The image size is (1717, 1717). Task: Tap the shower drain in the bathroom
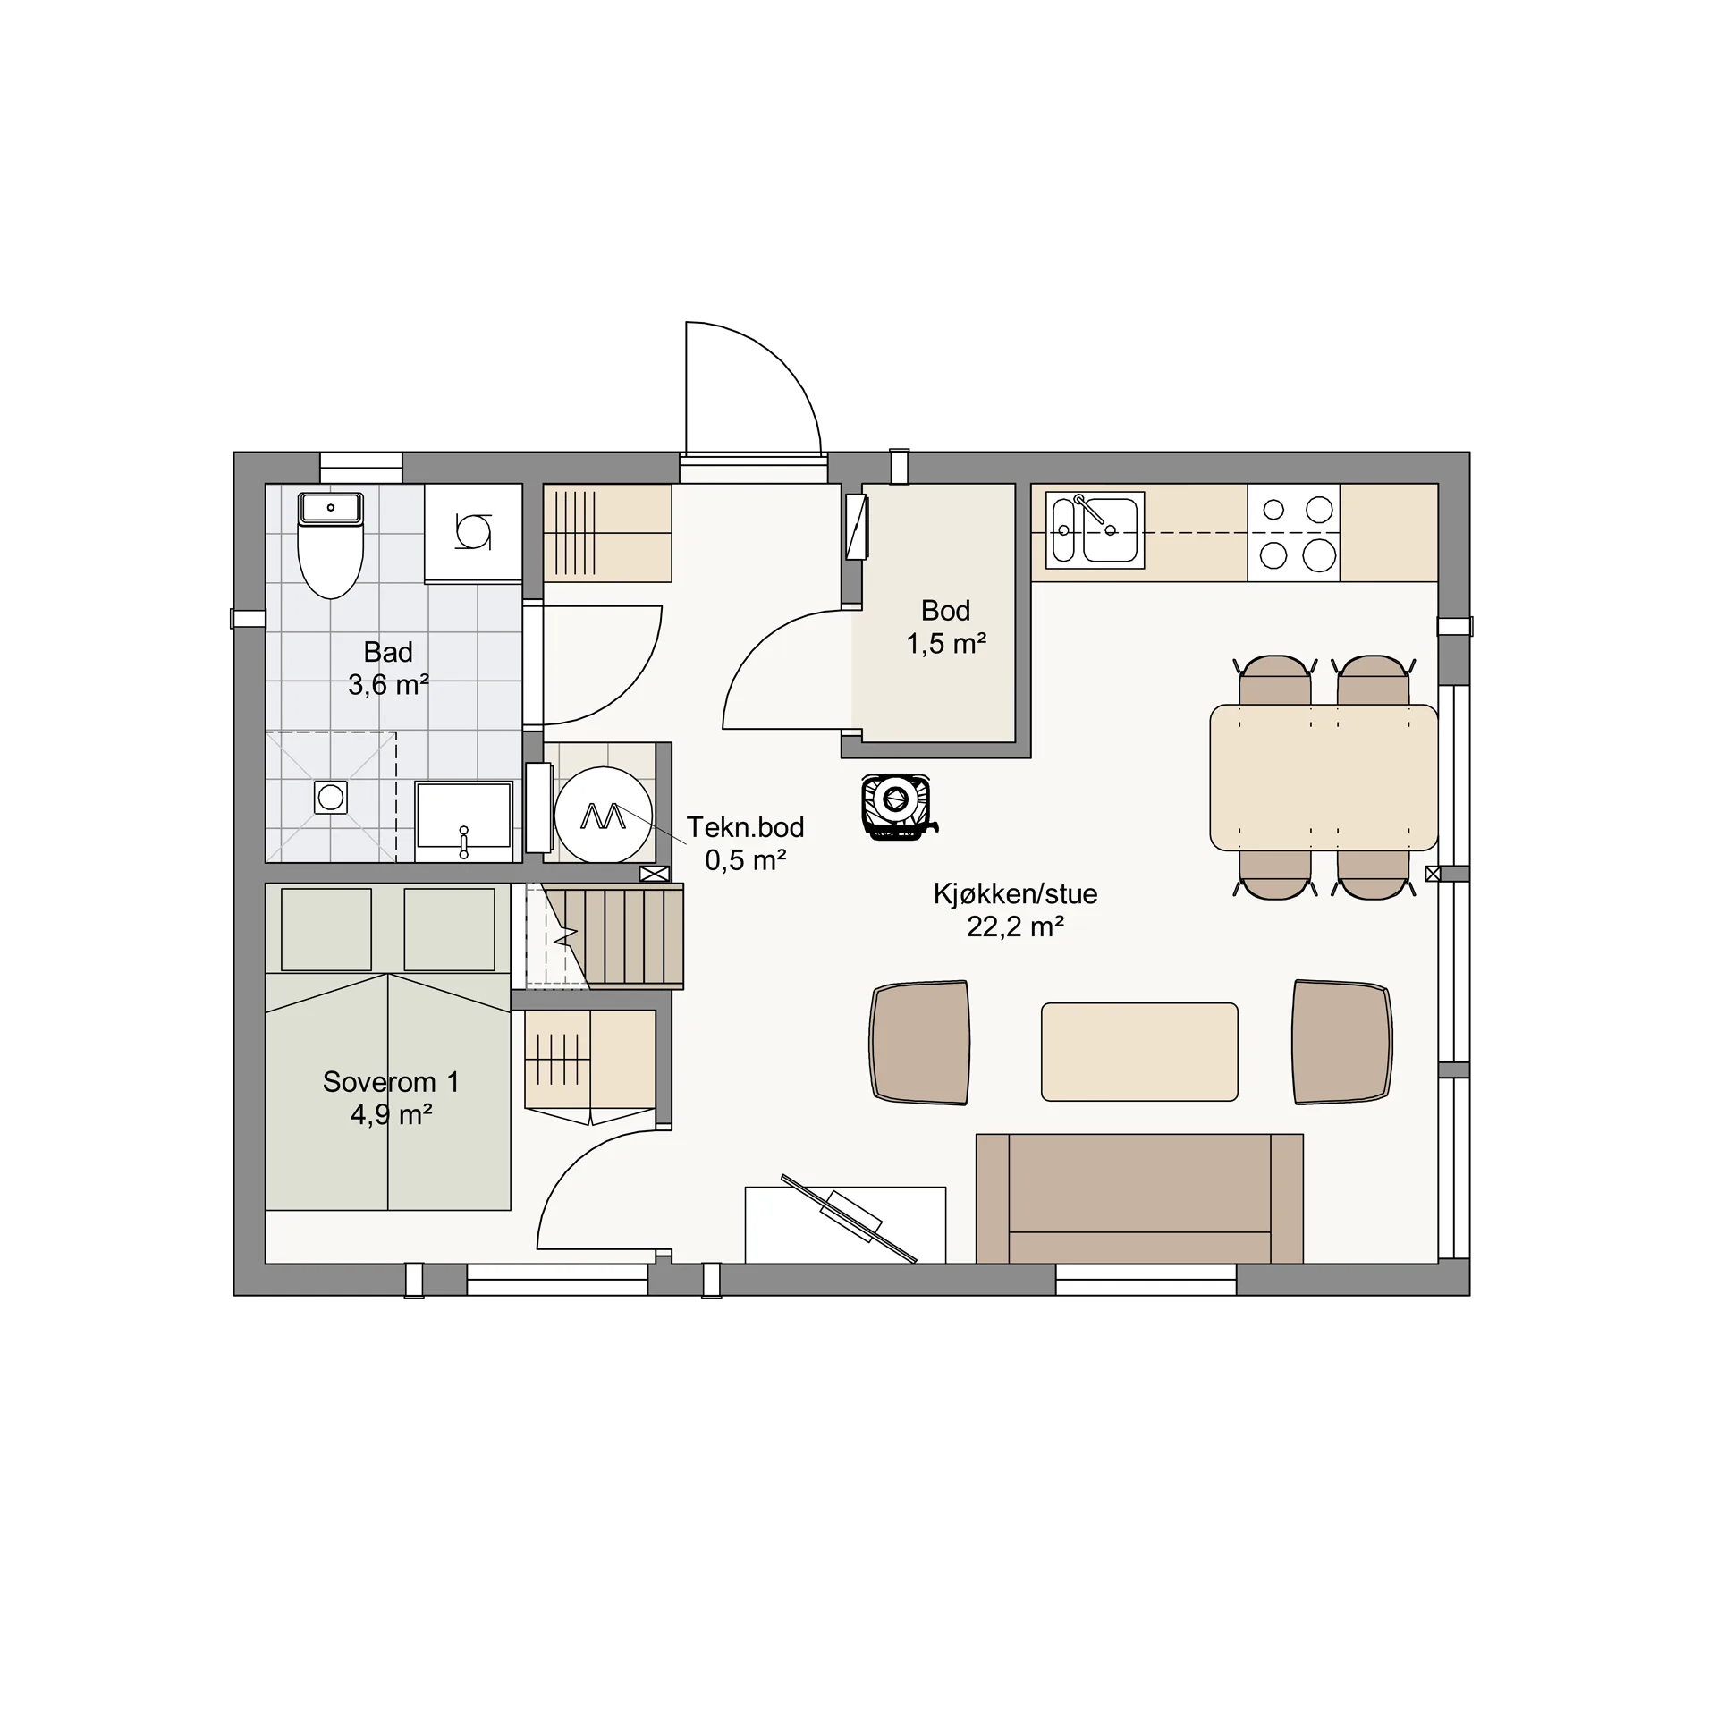coord(331,797)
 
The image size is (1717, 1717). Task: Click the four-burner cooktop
coord(1294,533)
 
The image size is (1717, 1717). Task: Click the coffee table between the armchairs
coord(1139,1052)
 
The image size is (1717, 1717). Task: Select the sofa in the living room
coord(1139,1198)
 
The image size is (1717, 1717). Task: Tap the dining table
coord(1324,777)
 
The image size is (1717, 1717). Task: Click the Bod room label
coord(945,611)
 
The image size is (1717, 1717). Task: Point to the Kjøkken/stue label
coord(1015,893)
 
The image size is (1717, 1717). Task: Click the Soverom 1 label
coord(391,1082)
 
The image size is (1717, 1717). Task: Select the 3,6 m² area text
coord(388,685)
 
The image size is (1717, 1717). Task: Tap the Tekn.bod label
coord(745,827)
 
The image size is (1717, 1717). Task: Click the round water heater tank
coord(603,815)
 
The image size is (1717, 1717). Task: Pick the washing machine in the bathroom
coord(473,533)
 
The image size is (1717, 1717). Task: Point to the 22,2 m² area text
coord(1015,926)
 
